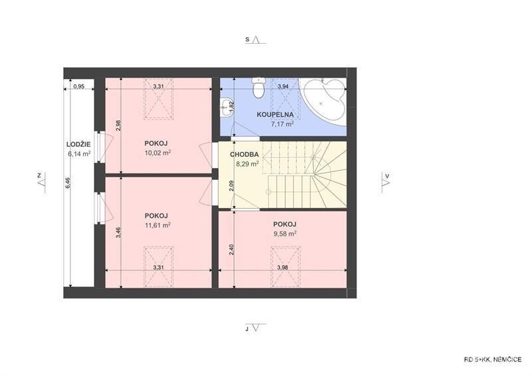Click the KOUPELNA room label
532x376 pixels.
pos(275,115)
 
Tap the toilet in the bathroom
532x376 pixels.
pos(259,87)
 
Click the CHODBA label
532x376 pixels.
pos(244,155)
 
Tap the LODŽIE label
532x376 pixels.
pos(78,145)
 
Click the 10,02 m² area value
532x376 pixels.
pos(158,153)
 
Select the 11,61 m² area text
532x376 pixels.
pos(158,225)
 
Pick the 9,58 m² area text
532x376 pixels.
pos(285,234)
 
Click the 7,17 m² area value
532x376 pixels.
pos(282,124)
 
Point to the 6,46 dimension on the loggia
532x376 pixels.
pos(68,183)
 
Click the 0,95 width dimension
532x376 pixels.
pos(78,86)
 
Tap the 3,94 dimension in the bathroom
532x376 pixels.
pos(283,86)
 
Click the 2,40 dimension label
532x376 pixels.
pos(231,250)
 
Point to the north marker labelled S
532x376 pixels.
pos(255,40)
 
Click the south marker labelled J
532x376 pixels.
pos(255,328)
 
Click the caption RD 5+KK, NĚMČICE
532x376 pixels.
pos(493,360)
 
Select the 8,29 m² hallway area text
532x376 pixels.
pos(247,164)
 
